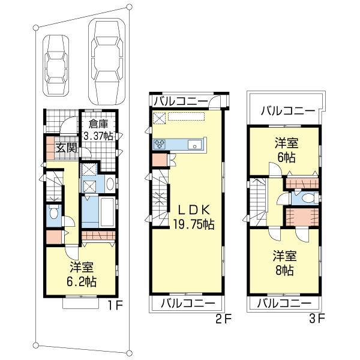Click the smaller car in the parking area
(x=56, y=65)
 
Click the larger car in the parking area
(x=107, y=62)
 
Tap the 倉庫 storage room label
(x=98, y=124)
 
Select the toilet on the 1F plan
(x=53, y=213)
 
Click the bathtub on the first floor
(x=107, y=212)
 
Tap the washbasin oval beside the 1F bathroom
(x=110, y=184)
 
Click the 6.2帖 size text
(x=82, y=281)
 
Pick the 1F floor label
(x=115, y=305)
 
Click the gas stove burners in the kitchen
(x=158, y=145)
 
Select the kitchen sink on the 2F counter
(x=194, y=145)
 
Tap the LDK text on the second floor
(x=194, y=210)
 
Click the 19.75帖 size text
(x=194, y=224)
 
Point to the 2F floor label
(x=223, y=319)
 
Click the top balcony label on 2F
(x=181, y=101)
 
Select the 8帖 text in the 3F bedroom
(x=284, y=271)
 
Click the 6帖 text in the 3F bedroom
(x=286, y=158)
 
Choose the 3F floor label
(x=317, y=319)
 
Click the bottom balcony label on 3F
(x=284, y=303)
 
